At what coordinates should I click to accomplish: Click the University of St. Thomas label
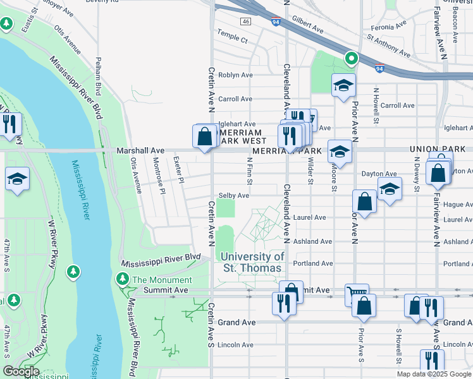[253, 262]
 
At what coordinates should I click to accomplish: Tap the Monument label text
[162, 280]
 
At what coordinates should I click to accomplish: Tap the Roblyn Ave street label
[235, 75]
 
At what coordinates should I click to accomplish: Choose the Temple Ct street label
[232, 38]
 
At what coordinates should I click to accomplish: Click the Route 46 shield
[245, 21]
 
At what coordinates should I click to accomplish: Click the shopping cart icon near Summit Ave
[356, 294]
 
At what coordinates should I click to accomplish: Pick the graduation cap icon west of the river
[17, 179]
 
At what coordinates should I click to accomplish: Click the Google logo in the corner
[20, 371]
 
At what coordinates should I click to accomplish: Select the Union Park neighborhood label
[432, 149]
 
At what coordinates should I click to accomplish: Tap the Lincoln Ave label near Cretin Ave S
[235, 345]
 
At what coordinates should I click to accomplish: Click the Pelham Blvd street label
[99, 73]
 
